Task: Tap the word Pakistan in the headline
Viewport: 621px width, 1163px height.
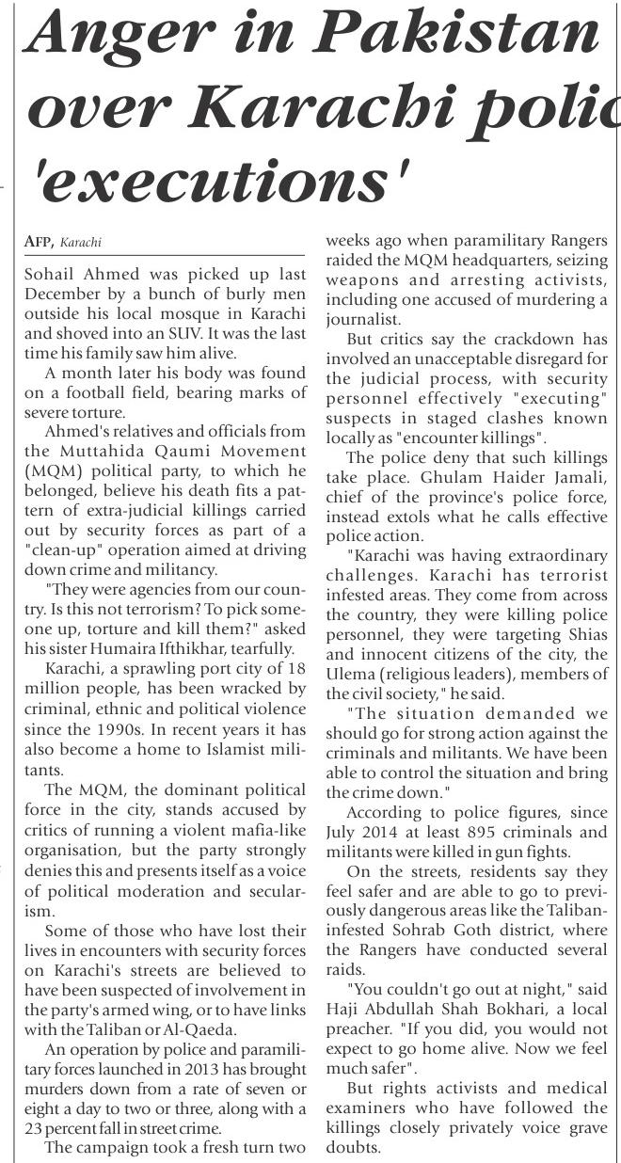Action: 463,37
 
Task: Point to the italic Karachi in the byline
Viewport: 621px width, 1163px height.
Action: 80,243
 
